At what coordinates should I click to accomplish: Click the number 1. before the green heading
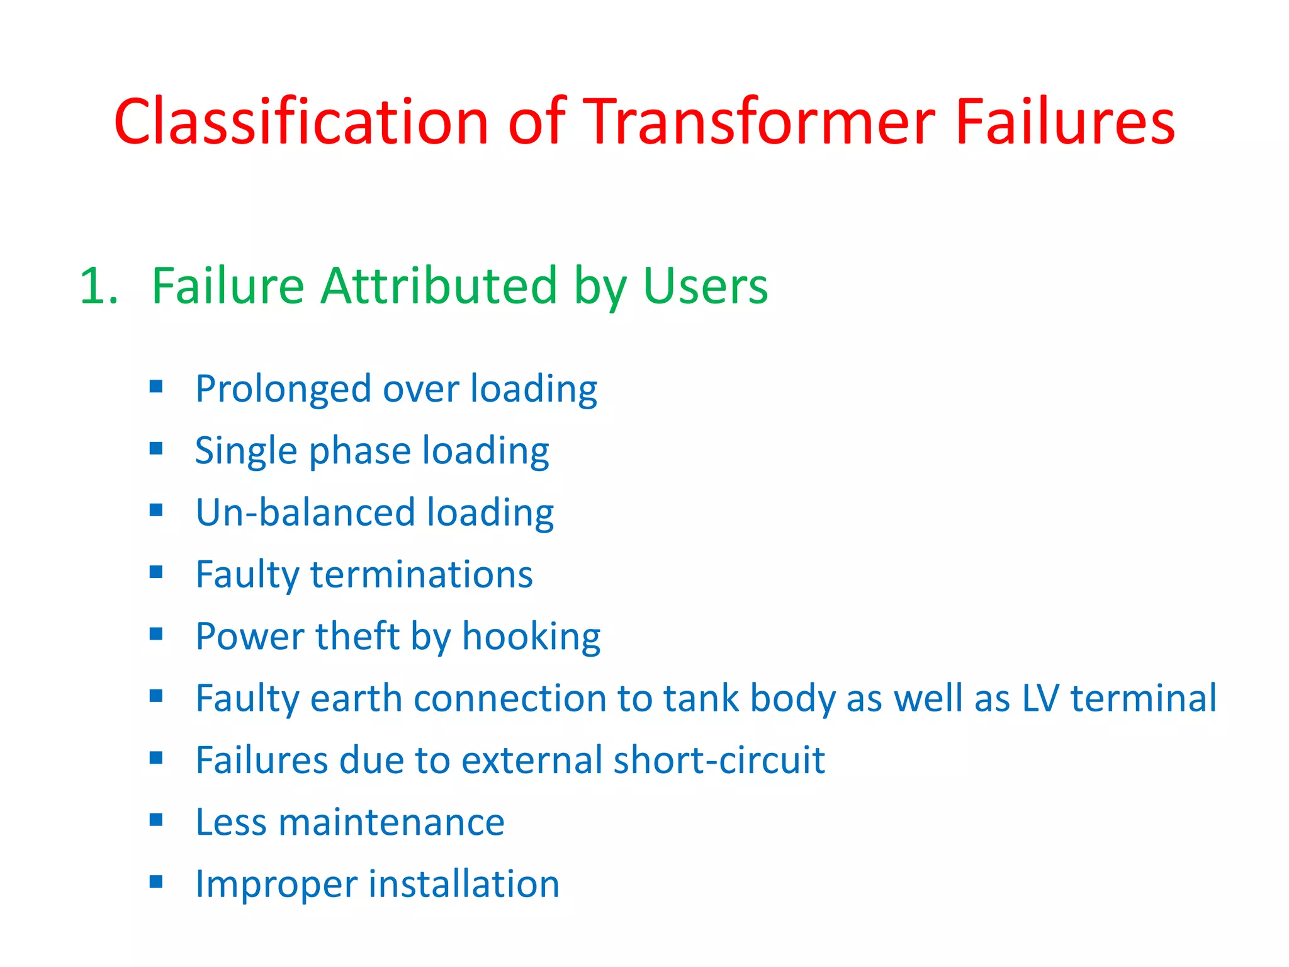tap(99, 286)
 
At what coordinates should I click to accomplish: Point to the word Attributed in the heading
tap(439, 286)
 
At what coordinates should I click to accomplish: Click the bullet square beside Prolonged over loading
tap(156, 386)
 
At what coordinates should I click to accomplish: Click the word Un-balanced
tap(305, 512)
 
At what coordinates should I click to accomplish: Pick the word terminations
tap(421, 574)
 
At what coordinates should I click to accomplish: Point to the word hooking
tap(531, 637)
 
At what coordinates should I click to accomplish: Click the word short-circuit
tap(718, 760)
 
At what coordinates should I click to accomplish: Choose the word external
tap(532, 760)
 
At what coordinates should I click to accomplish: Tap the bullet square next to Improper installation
tap(156, 881)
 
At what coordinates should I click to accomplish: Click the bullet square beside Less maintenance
tap(156, 820)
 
